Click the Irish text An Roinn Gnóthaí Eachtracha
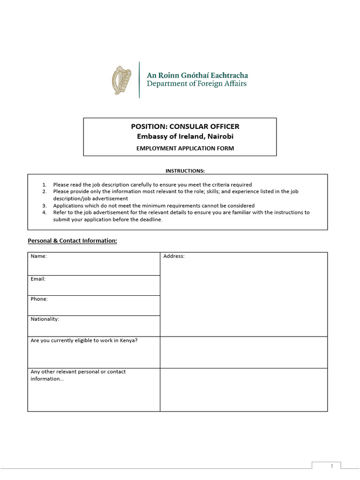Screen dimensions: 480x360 [197, 75]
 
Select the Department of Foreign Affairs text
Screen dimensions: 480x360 [196, 84]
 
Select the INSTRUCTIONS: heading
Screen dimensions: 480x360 [185, 171]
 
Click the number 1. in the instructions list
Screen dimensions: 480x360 [45, 185]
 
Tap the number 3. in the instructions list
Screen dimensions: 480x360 [45, 206]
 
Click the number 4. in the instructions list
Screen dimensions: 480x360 [45, 212]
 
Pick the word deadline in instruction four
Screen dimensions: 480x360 [150, 219]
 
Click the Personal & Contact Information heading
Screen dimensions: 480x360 [72, 241]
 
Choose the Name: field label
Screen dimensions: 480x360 [38, 256]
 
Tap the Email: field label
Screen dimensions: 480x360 [38, 279]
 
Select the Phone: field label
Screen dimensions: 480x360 [39, 299]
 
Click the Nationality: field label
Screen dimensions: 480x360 [45, 319]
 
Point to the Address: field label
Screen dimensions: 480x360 [173, 256]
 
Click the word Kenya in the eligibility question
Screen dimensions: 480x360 [127, 341]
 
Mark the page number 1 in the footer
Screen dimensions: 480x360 [331, 466]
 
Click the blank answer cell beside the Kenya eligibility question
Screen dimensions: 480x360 [244, 352]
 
